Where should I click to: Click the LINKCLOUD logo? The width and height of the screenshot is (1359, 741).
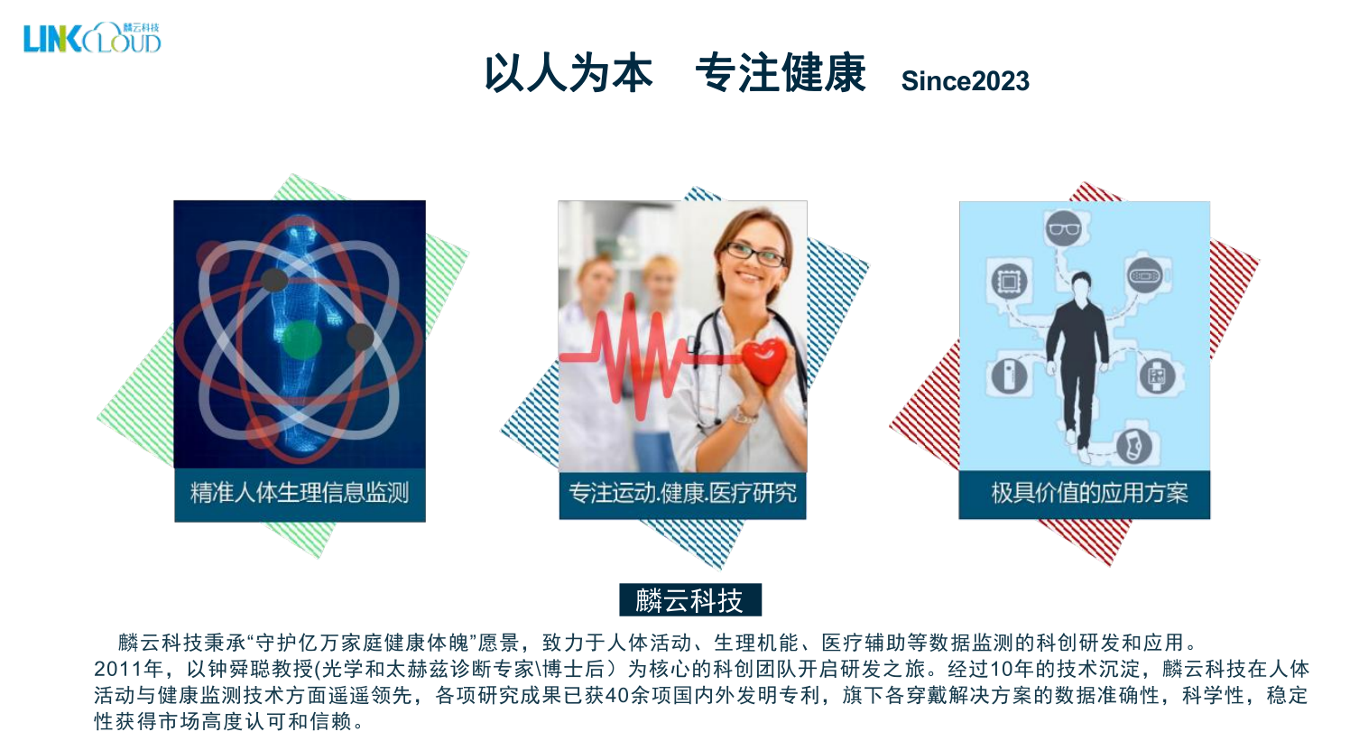pos(92,39)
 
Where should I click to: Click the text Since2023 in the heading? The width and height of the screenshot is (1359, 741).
pos(965,81)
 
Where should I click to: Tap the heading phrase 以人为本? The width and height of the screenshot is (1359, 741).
pos(568,73)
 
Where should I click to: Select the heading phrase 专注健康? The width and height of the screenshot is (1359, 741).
pos(780,73)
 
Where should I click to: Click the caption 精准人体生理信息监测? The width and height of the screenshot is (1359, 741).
pos(300,493)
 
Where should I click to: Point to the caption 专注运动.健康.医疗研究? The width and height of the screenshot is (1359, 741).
pos(682,493)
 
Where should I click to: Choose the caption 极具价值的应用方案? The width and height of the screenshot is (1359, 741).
pos(1088,493)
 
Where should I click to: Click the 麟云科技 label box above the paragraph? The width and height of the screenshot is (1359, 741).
pos(689,600)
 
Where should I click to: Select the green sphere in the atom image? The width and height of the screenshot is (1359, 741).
pos(301,340)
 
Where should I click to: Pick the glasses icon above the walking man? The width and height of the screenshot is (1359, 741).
pos(1063,228)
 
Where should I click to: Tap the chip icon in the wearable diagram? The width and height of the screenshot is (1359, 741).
pos(1008,282)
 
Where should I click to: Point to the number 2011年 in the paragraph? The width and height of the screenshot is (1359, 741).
pos(128,669)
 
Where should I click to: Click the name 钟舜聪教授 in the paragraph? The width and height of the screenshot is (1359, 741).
pos(261,669)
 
